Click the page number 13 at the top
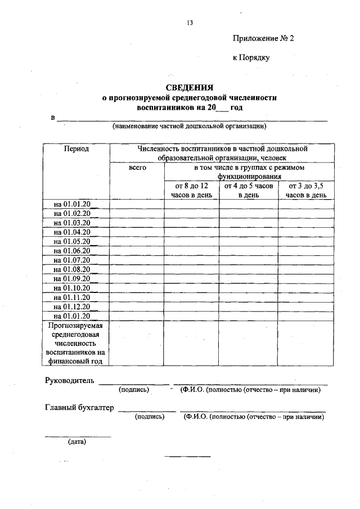(x=190, y=23)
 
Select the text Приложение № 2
(x=263, y=38)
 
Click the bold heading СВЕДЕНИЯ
(x=189, y=87)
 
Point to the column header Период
(x=76, y=149)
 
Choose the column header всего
(x=137, y=168)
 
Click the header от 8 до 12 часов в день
(x=191, y=190)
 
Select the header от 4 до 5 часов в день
(x=248, y=190)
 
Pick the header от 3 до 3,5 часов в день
(x=306, y=190)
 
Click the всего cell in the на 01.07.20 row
(x=137, y=259)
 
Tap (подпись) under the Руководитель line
(x=133, y=389)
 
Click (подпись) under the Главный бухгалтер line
(x=149, y=417)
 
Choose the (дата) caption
(x=77, y=442)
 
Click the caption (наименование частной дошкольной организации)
(x=189, y=126)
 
